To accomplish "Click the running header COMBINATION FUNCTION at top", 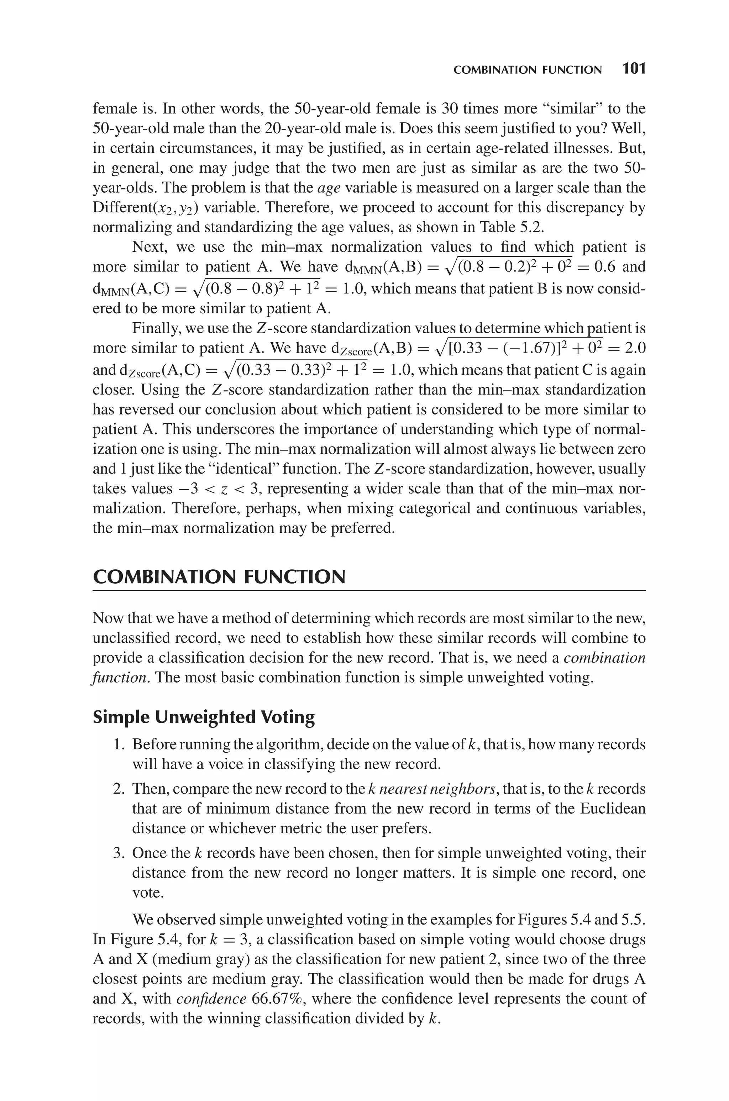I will coord(527,70).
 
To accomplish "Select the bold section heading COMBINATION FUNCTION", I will coord(219,577).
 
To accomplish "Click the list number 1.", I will coord(119,744).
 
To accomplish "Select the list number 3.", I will coord(119,853).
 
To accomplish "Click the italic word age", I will coord(329,188).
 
